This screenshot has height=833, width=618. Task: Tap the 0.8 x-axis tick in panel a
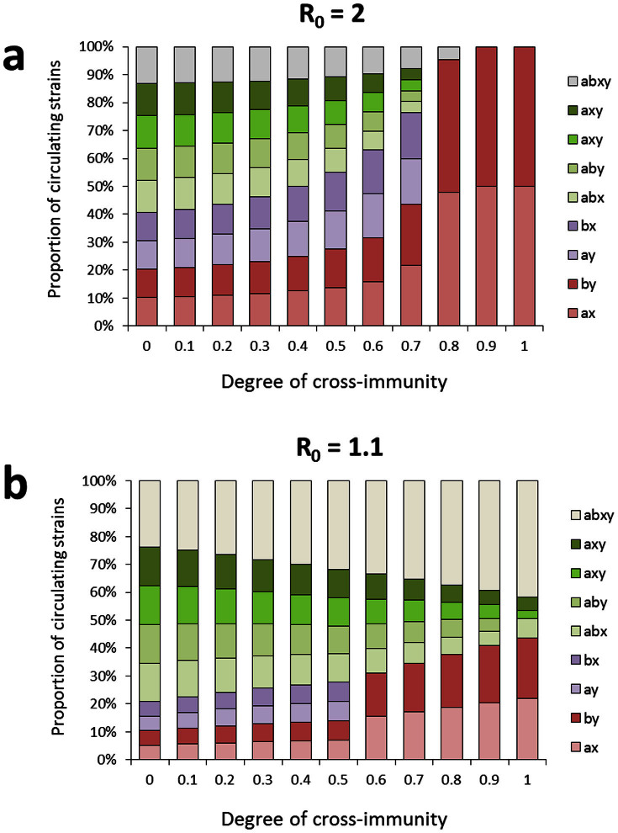click(448, 345)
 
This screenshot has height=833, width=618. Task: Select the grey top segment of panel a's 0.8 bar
click(448, 53)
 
